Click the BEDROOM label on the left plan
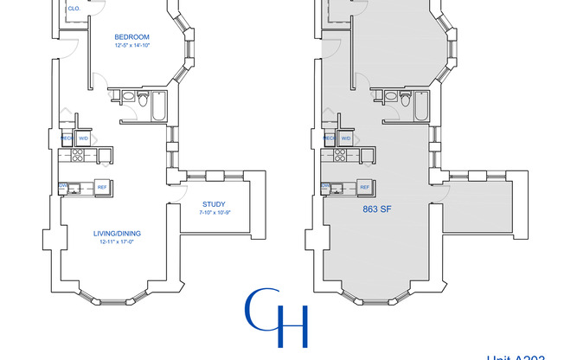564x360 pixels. pyautogui.click(x=133, y=36)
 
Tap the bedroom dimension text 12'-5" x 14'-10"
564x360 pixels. pyautogui.click(x=133, y=45)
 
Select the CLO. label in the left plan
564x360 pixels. pyautogui.click(x=74, y=8)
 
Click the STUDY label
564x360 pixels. pyautogui.click(x=202, y=204)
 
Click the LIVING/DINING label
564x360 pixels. pyautogui.click(x=117, y=234)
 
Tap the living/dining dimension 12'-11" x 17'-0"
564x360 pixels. pyautogui.click(x=117, y=242)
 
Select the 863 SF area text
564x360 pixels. pyautogui.click(x=375, y=209)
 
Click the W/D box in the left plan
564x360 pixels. pyautogui.click(x=84, y=138)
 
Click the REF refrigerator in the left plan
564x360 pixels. pyautogui.click(x=101, y=187)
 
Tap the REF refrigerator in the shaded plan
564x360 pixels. pyautogui.click(x=364, y=187)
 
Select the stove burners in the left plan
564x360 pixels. pyautogui.click(x=76, y=156)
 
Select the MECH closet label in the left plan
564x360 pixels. pyautogui.click(x=66, y=138)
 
